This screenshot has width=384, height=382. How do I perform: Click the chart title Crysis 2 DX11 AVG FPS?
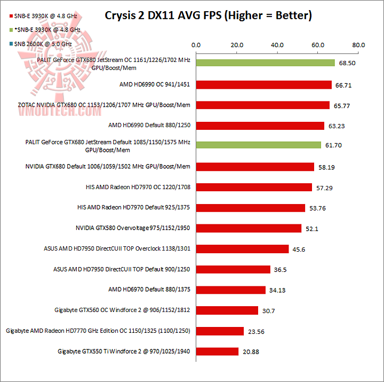pyautogui.click(x=208, y=15)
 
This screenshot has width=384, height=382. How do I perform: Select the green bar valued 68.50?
pyautogui.click(x=265, y=63)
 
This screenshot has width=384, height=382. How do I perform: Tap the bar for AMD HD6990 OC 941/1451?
pyautogui.click(x=263, y=84)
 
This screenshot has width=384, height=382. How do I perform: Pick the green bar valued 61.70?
pyautogui.click(x=258, y=145)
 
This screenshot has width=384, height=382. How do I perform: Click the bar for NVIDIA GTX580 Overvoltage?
pyautogui.click(x=249, y=228)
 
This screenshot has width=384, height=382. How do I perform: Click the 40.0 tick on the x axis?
pyautogui.click(x=277, y=45)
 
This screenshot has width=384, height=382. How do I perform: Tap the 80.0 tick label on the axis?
pyautogui.click(x=359, y=45)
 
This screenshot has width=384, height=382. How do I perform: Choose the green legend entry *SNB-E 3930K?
pyautogui.click(x=43, y=30)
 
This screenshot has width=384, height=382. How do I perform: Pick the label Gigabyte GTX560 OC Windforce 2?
pyautogui.click(x=122, y=310)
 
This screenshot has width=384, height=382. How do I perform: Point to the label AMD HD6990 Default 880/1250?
pyautogui.click(x=149, y=126)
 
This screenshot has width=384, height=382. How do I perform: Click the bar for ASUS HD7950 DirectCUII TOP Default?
pyautogui.click(x=233, y=269)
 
